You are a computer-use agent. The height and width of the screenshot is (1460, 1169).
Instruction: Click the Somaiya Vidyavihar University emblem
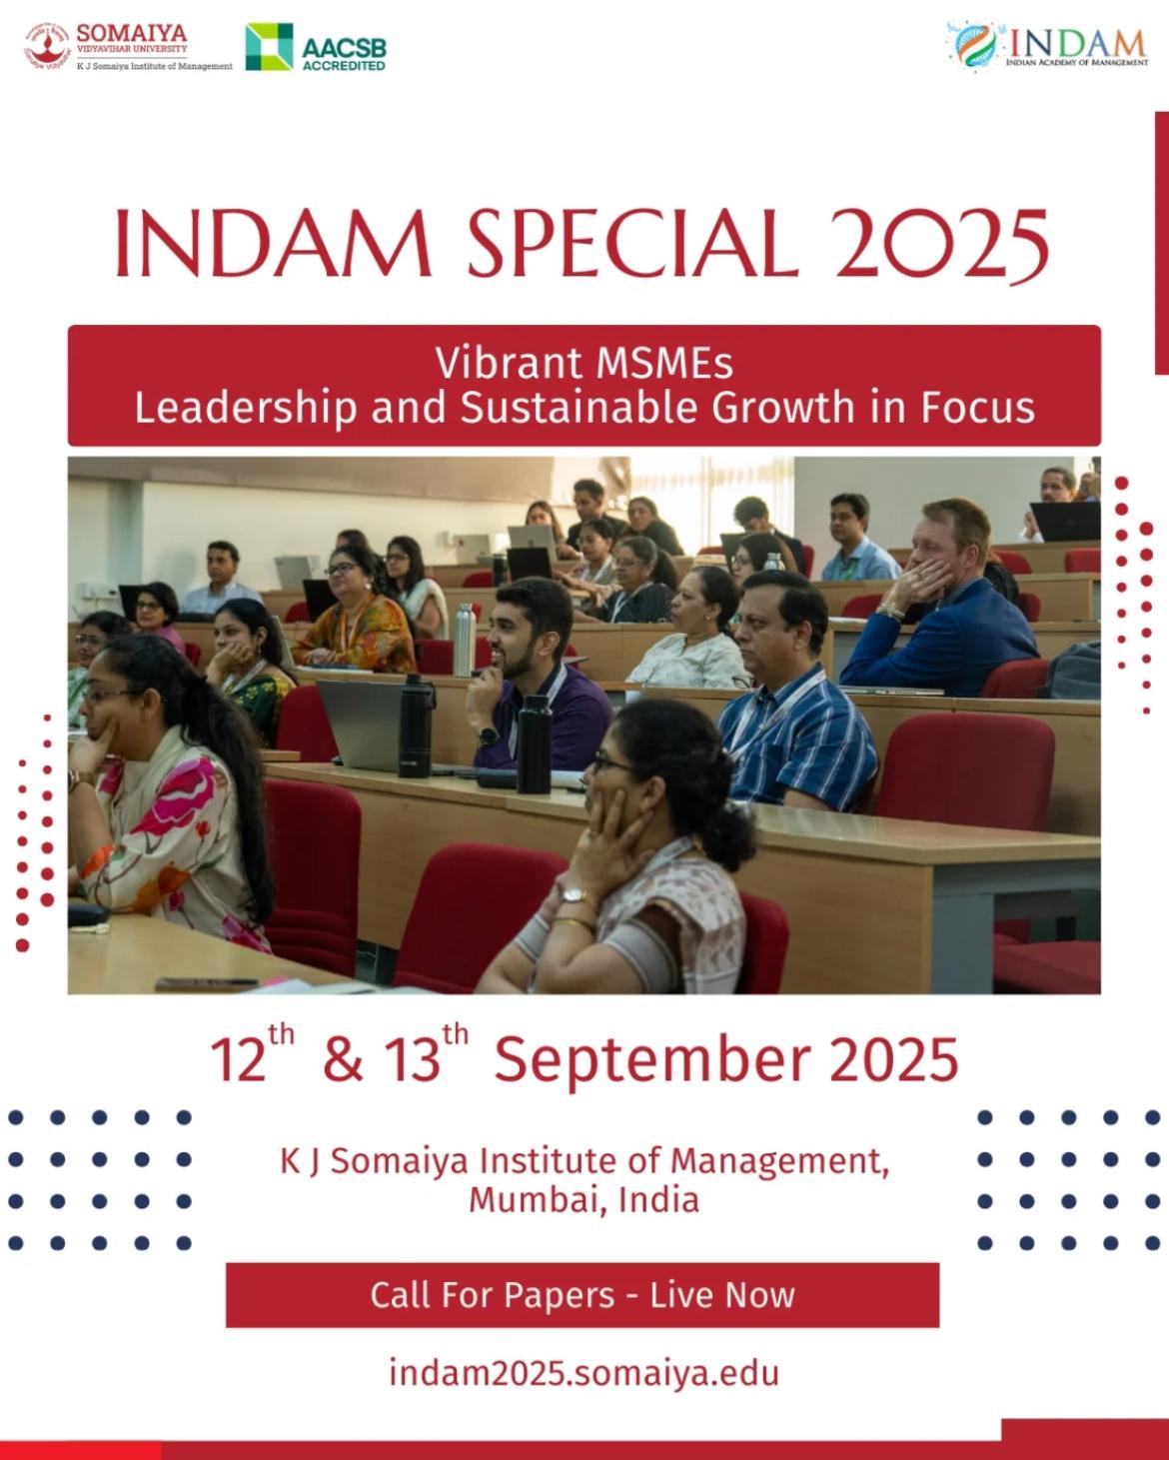pos(48,46)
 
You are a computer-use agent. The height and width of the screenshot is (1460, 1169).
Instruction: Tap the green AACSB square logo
pos(269,47)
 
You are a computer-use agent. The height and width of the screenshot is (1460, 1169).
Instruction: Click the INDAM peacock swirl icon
pos(974,45)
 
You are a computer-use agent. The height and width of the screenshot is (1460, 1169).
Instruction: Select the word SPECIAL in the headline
pos(631,243)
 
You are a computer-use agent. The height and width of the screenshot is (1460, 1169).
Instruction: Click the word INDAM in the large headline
pos(274,243)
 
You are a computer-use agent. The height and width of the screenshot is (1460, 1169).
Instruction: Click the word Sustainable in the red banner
pos(580,408)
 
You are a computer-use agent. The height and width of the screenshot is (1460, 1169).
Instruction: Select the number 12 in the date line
pos(238,1061)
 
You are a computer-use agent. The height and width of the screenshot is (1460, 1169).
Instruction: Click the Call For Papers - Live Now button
pos(583,1295)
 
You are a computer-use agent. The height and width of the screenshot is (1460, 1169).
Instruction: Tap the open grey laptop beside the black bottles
pos(360,726)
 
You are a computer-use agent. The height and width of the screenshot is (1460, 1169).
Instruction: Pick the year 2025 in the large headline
pos(943,244)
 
